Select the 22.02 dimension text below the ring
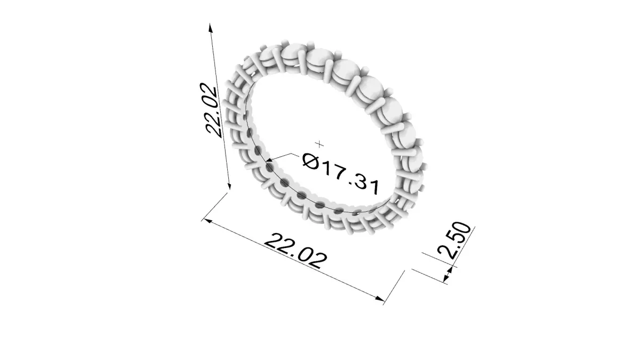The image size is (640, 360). (x=295, y=251)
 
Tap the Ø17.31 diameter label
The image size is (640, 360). (x=341, y=174)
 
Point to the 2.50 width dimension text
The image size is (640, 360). (x=454, y=241)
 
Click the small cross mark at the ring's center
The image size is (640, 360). (x=319, y=145)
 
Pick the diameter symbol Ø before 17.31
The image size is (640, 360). (x=310, y=161)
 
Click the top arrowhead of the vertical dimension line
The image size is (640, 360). (x=211, y=28)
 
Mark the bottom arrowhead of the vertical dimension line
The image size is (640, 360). (x=228, y=185)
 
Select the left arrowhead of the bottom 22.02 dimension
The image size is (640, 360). (x=207, y=221)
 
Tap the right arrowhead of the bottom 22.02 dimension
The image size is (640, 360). (x=380, y=299)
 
